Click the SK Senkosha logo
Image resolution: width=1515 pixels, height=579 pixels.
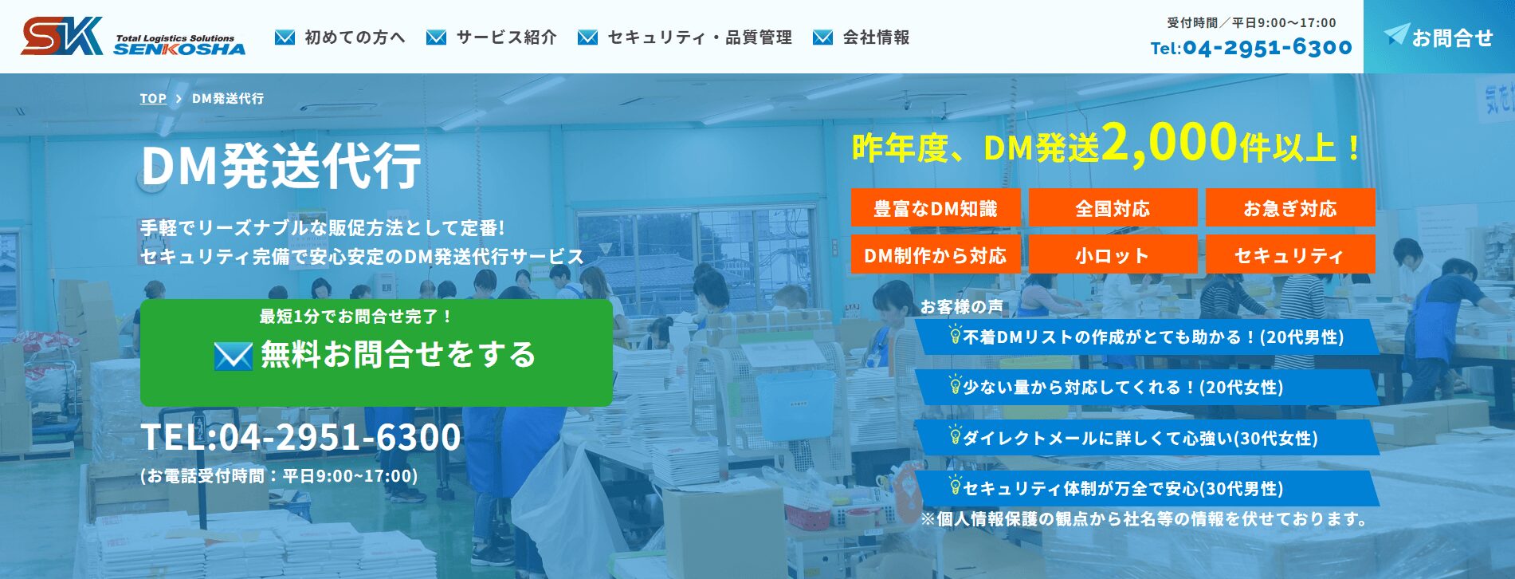click(133, 37)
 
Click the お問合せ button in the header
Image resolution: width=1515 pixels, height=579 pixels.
click(1439, 37)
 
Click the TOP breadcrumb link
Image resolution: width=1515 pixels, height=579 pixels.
click(153, 99)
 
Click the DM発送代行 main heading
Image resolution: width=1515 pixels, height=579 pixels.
click(281, 165)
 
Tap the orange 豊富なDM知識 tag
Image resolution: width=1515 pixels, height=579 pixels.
click(935, 209)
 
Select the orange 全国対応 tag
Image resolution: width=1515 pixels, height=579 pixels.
click(1113, 209)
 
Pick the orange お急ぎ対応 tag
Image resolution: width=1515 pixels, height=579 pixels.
click(1289, 209)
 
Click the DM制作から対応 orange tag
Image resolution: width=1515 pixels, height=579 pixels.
click(935, 255)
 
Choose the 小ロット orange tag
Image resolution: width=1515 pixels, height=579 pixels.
click(1113, 255)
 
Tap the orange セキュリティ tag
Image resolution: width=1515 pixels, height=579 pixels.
click(1289, 255)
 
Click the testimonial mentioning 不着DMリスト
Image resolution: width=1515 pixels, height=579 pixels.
click(1148, 337)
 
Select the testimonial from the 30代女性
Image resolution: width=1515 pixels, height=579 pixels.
click(1148, 438)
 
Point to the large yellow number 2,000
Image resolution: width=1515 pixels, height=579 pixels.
click(1169, 144)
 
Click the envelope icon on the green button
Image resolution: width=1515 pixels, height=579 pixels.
click(234, 356)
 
